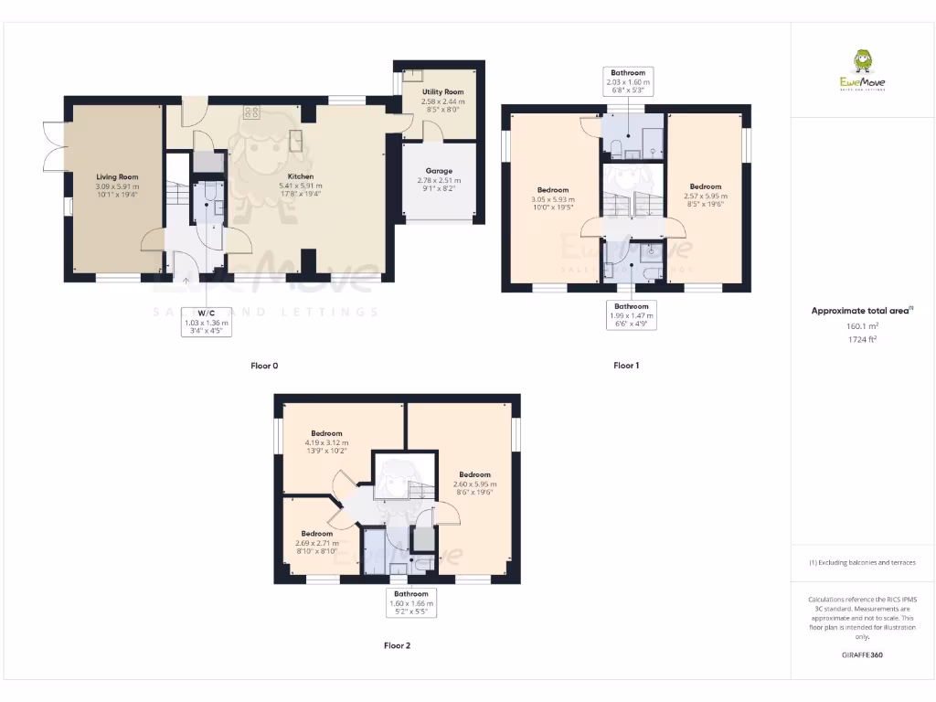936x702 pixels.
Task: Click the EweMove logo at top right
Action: coord(862,71)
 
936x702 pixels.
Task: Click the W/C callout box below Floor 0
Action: coord(206,321)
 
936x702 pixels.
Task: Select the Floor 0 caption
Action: coord(264,366)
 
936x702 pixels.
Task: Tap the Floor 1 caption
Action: coord(626,366)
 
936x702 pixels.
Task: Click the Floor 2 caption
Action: coord(397,645)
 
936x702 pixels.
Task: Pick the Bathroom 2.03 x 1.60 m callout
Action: coord(629,81)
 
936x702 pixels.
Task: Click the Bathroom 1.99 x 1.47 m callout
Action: coord(631,314)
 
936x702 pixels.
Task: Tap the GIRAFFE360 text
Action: coord(862,655)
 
